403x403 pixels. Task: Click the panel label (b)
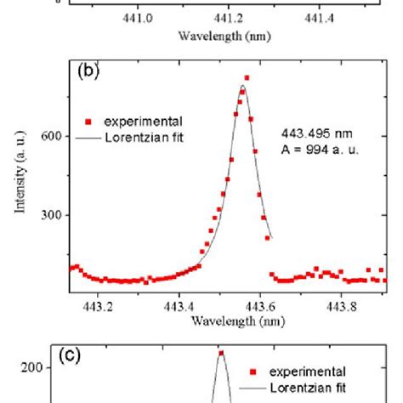(89, 72)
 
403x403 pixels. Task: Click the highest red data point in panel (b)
(247, 78)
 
